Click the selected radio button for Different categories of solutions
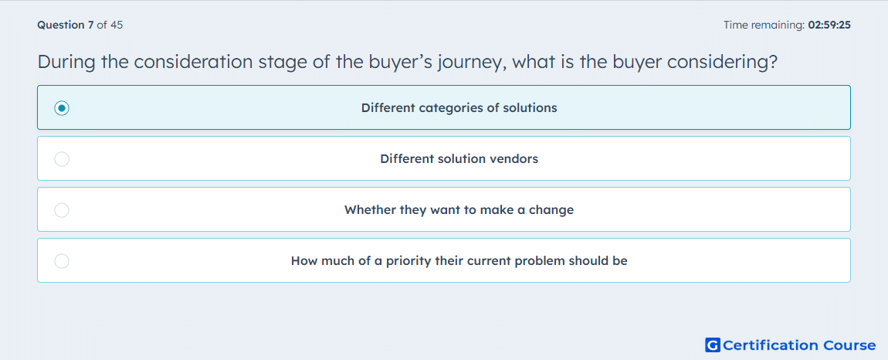pyautogui.click(x=62, y=107)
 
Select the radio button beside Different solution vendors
pyautogui.click(x=62, y=159)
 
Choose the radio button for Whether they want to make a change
pyautogui.click(x=62, y=210)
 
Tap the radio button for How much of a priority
pyautogui.click(x=62, y=261)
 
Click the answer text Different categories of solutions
pyautogui.click(x=459, y=107)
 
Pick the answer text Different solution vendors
pyautogui.click(x=459, y=158)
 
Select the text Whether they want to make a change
pyautogui.click(x=459, y=210)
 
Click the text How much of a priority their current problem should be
pyautogui.click(x=459, y=261)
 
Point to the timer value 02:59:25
pyautogui.click(x=829, y=25)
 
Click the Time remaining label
pyautogui.click(x=764, y=25)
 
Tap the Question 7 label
pyautogui.click(x=66, y=25)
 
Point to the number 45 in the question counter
pyautogui.click(x=117, y=25)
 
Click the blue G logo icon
pyautogui.click(x=713, y=345)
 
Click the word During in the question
pyautogui.click(x=66, y=63)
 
